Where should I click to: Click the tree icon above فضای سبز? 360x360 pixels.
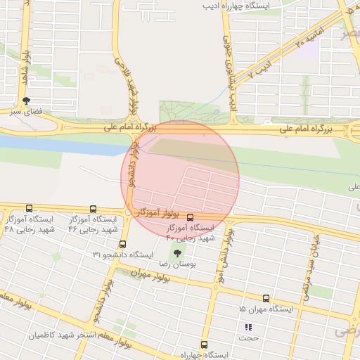pos(27,101)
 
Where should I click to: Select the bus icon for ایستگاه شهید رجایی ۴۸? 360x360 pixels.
pos(29,208)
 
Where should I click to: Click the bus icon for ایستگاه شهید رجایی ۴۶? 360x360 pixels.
pos(94,209)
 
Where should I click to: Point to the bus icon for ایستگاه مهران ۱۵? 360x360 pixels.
pos(266,299)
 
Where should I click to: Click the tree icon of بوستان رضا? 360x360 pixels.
pos(176,253)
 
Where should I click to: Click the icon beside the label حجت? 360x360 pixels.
pos(247,327)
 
